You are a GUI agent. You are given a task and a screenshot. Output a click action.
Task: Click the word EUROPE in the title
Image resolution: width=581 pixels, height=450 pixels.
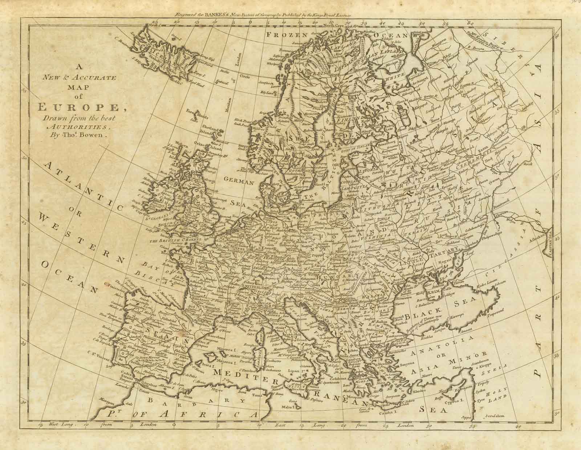coord(77,108)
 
